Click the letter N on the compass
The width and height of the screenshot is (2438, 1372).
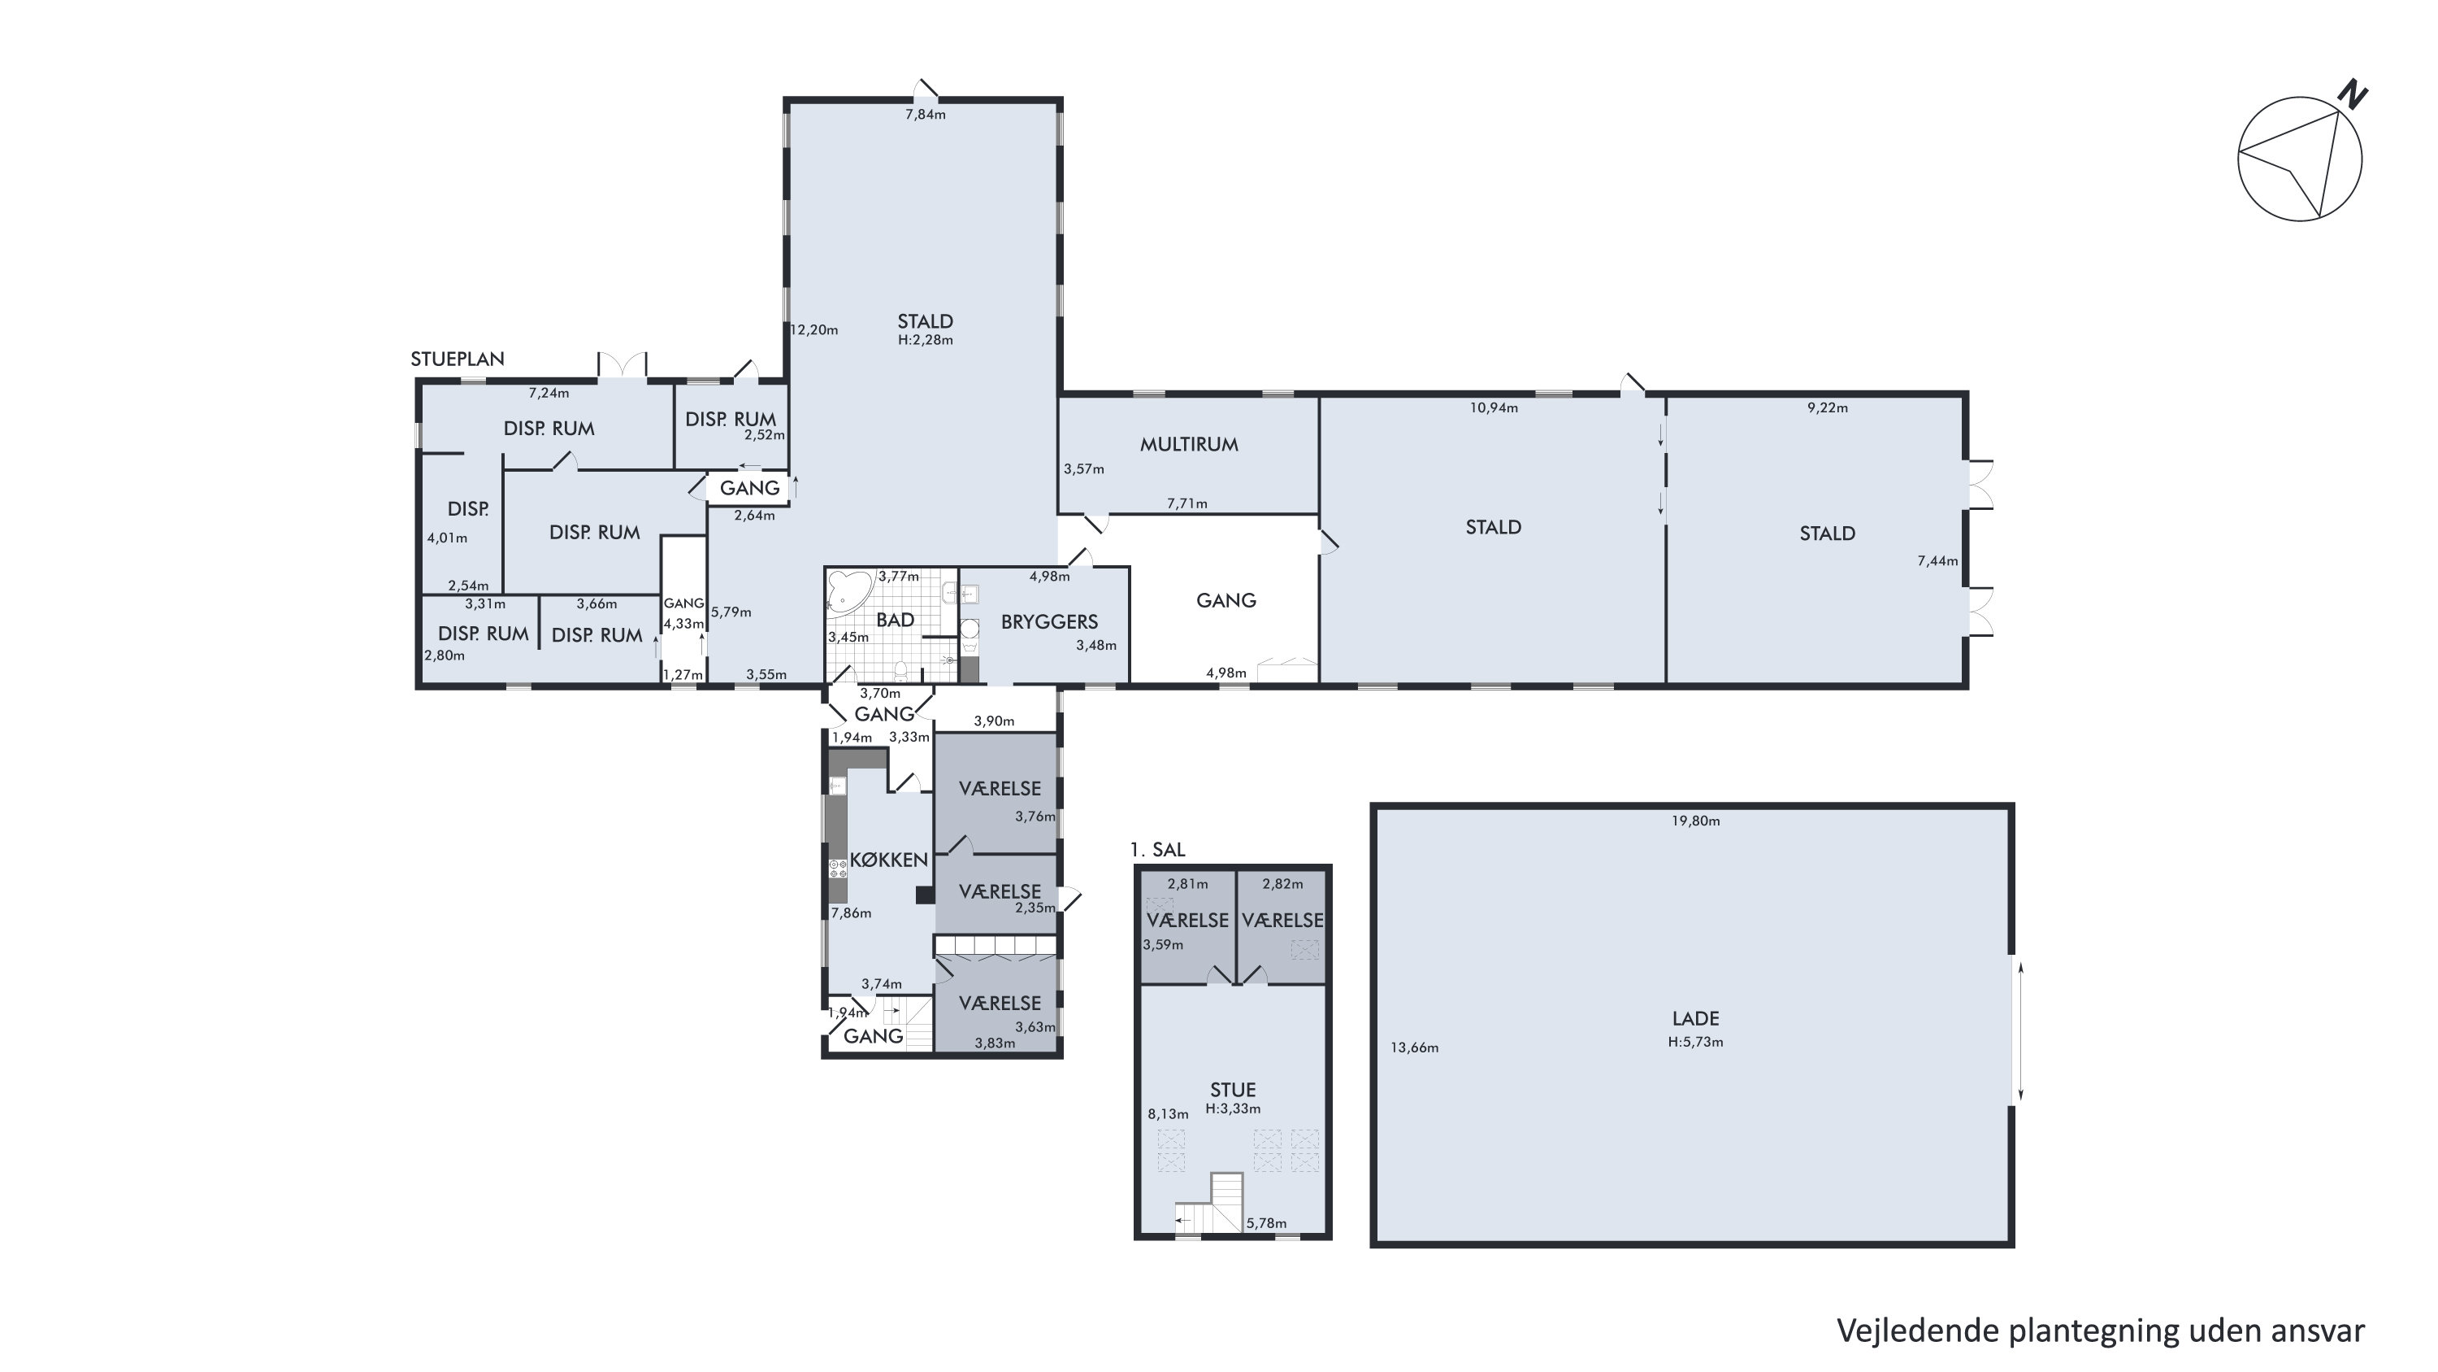2352,94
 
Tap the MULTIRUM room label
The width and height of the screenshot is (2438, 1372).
1189,444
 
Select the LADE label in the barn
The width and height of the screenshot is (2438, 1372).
1695,1019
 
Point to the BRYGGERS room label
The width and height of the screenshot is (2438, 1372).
1050,622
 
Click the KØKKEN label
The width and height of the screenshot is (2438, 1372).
889,860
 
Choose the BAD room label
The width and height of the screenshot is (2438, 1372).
896,621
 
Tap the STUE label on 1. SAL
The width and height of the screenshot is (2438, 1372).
1233,1090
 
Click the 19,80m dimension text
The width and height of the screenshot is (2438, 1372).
1695,821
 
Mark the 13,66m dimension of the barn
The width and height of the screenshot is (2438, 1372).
1415,1048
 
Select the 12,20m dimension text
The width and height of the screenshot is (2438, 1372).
815,329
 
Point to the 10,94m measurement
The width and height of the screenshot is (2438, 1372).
1494,408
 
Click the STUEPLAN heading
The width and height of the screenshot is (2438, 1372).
457,359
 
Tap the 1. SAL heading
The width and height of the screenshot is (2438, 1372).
1157,849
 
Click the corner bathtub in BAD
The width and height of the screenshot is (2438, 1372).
849,592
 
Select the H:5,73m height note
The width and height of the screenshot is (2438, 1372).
1695,1042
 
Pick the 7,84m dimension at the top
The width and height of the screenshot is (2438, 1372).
926,115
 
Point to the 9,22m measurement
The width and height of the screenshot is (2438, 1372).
1828,408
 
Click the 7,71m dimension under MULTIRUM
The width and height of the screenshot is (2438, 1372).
1186,503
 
